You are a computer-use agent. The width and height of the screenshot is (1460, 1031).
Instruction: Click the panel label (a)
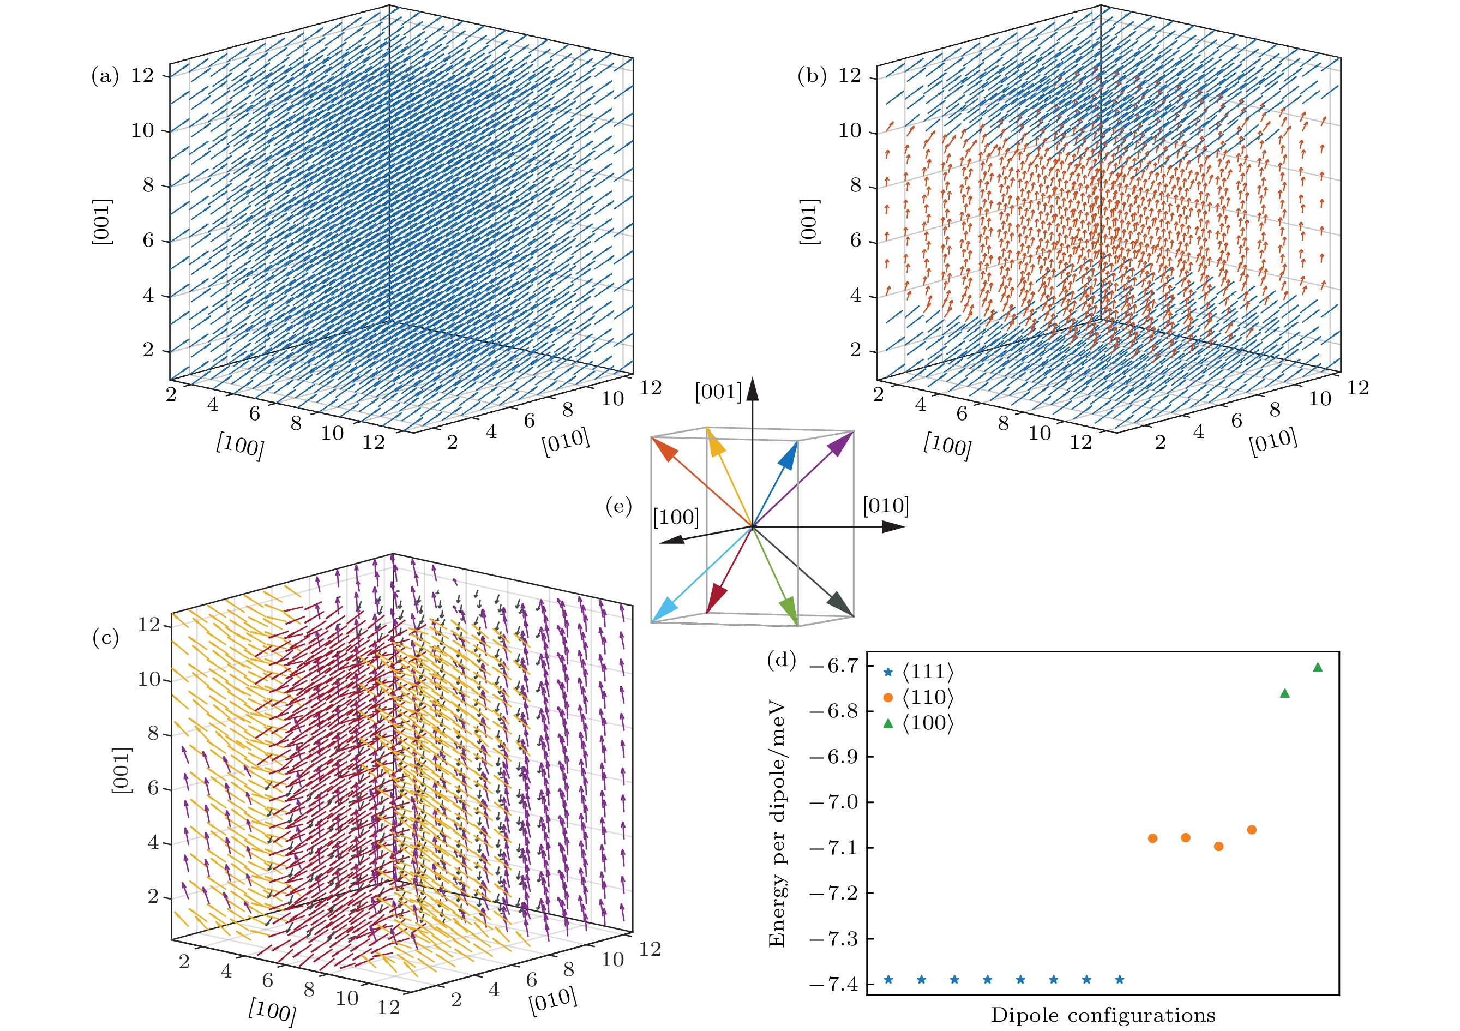[x=105, y=76]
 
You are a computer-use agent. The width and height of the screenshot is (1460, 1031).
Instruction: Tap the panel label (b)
[x=812, y=76]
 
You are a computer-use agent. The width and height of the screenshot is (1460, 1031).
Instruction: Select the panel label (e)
[x=618, y=507]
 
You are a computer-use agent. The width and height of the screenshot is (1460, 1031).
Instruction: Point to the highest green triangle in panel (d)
[x=1318, y=667]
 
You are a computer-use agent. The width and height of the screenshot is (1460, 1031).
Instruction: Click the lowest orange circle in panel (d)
[x=1218, y=847]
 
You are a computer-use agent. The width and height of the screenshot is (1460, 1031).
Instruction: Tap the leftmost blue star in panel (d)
[x=888, y=980]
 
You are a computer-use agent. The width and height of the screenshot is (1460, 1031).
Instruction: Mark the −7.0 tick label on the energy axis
[x=832, y=802]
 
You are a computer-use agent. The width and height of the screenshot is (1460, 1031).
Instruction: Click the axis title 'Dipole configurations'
[x=1103, y=1015]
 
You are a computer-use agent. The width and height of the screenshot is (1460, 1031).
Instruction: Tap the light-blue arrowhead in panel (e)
[x=664, y=609]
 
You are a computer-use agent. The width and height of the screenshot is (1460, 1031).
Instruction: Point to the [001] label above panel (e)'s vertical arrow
[x=718, y=392]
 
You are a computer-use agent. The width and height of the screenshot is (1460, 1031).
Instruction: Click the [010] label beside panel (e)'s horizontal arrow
[x=886, y=506]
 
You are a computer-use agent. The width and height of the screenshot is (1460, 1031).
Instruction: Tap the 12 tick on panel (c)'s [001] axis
[x=149, y=625]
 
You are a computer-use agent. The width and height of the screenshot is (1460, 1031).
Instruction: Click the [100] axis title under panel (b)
[x=947, y=445]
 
